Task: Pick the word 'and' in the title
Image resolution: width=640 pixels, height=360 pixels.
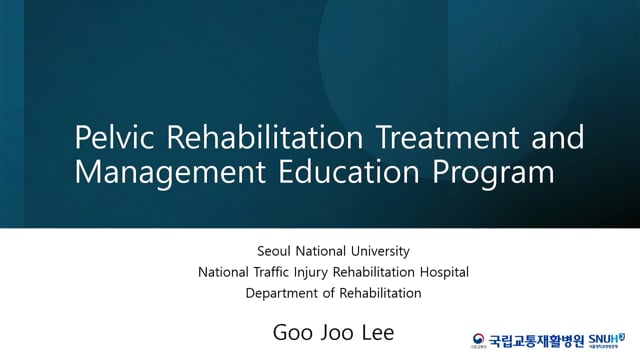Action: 550,137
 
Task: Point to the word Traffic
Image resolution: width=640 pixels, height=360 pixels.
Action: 275,271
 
